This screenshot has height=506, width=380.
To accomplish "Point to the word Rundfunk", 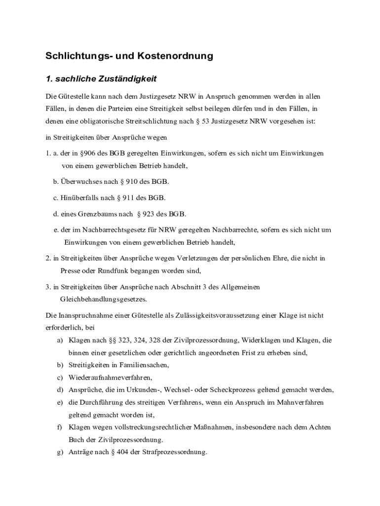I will click(x=113, y=271).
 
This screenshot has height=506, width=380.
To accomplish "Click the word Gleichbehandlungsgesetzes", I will click(x=104, y=299).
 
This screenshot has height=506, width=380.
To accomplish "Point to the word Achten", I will click(x=319, y=427).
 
